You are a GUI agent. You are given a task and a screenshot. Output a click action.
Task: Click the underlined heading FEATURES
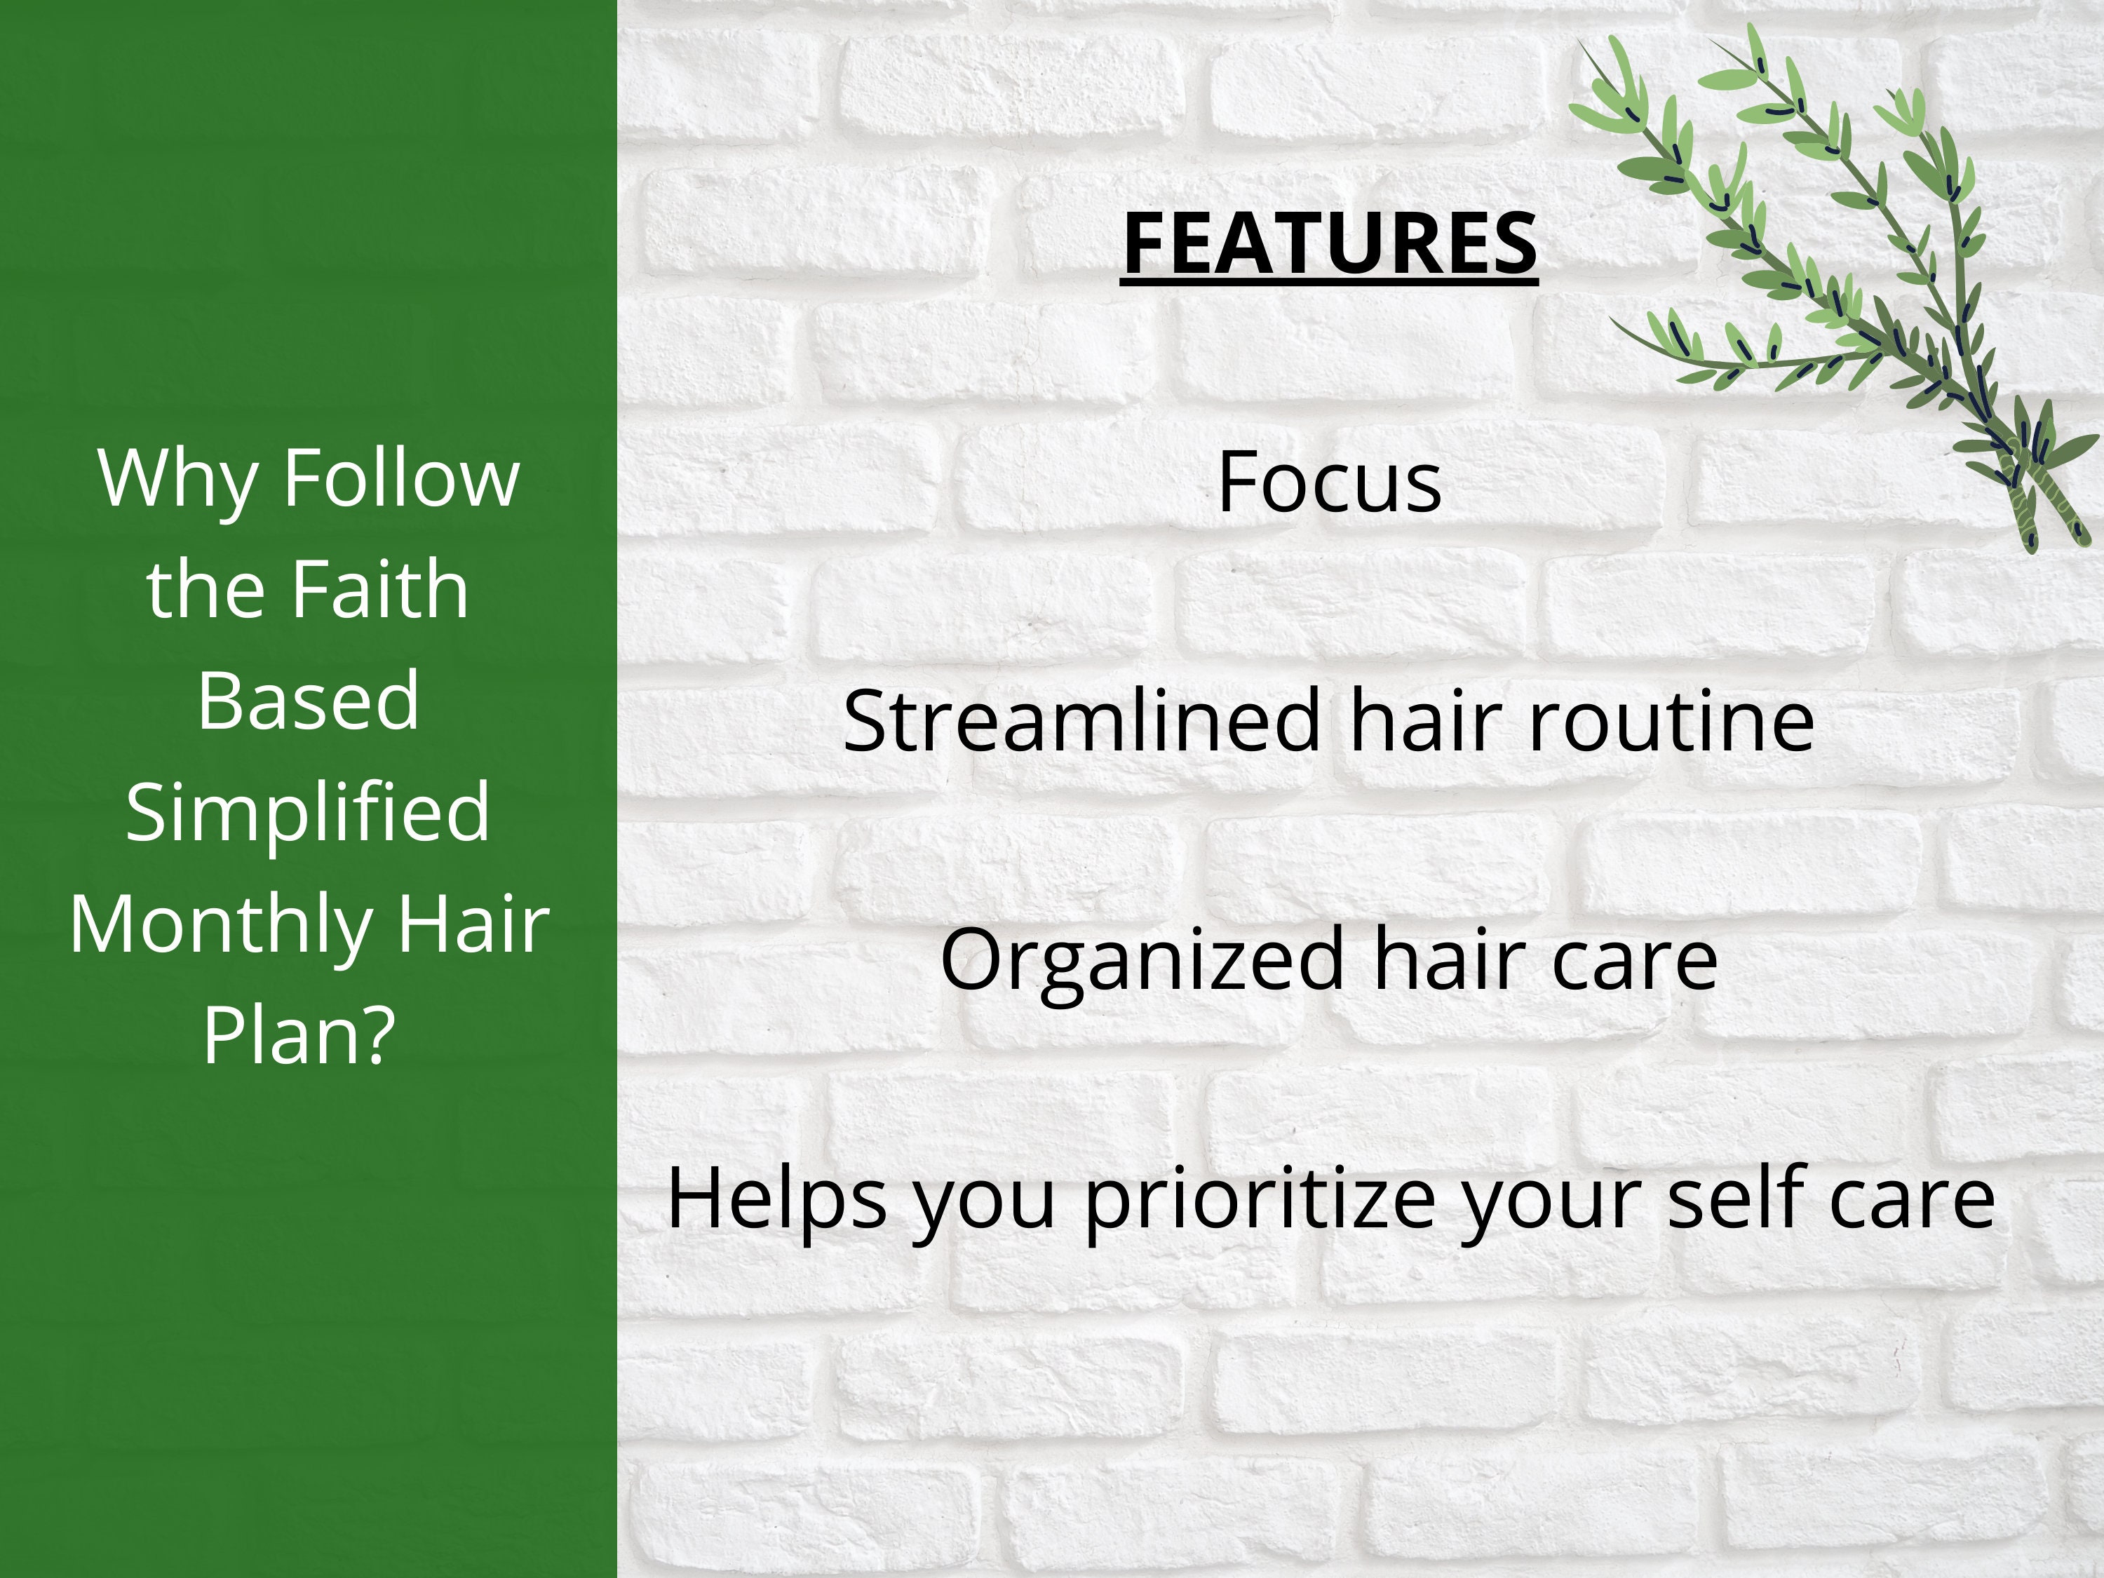tap(1329, 243)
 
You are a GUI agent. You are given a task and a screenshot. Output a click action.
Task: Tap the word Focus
tap(1329, 483)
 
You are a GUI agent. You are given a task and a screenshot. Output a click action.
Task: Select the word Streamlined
tap(1081, 720)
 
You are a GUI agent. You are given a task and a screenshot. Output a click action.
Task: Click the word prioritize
tap(1258, 1199)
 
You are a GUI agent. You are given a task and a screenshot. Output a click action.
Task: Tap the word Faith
tap(379, 589)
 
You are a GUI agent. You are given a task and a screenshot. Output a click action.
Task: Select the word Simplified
tap(307, 811)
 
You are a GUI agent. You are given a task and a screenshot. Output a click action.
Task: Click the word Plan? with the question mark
tap(299, 1035)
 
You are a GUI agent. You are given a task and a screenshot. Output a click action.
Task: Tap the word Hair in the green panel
tap(473, 923)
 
